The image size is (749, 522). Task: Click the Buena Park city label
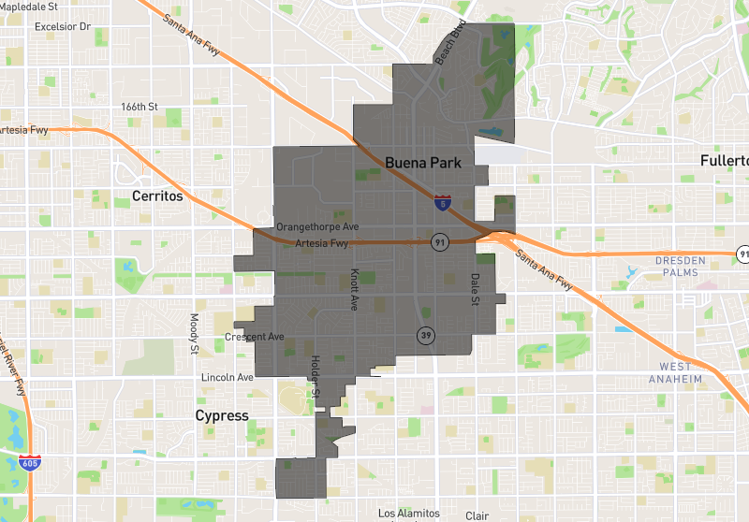(x=423, y=162)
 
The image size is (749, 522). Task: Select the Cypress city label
(x=221, y=415)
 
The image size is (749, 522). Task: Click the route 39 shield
(x=426, y=335)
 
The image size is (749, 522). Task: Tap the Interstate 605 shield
(x=29, y=462)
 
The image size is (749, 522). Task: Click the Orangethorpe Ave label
(x=317, y=227)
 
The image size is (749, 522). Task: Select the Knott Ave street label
(x=354, y=289)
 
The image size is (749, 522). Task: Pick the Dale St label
(x=475, y=289)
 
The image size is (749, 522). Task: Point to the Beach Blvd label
(x=450, y=44)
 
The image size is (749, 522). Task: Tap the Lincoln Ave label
(x=228, y=378)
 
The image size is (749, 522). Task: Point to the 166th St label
(x=140, y=107)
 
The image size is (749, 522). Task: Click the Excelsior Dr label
(x=62, y=26)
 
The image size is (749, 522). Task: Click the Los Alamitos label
(x=408, y=514)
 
